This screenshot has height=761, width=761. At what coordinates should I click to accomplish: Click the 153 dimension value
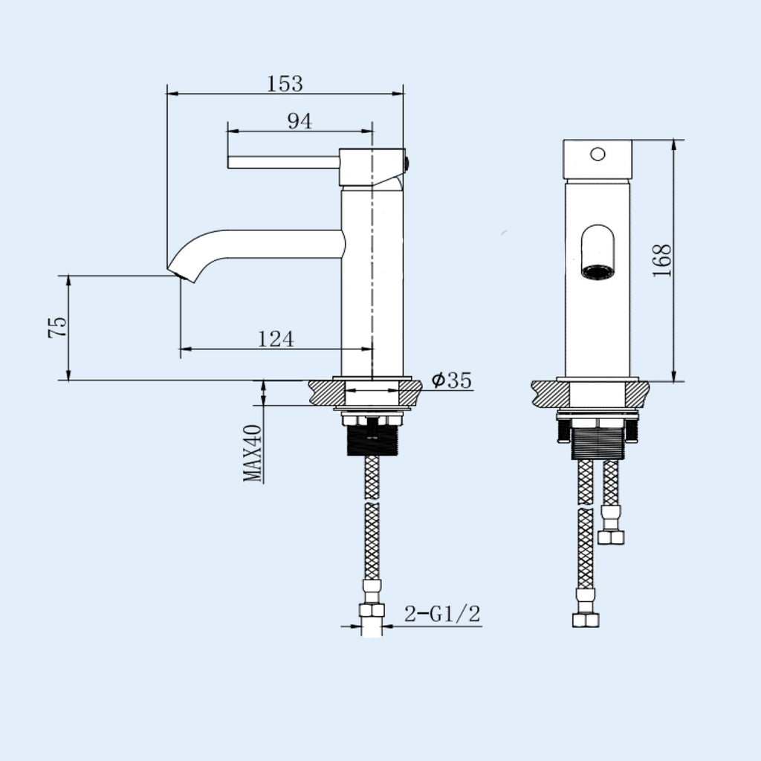tap(285, 83)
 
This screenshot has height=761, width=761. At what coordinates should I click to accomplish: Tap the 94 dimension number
tap(300, 121)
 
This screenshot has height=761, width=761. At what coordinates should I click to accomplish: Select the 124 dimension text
tap(275, 339)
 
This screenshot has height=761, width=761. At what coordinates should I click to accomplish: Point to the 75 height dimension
tap(57, 327)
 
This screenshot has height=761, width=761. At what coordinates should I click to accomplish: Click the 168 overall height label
tap(662, 261)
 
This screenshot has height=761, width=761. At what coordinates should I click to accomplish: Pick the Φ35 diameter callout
tap(451, 380)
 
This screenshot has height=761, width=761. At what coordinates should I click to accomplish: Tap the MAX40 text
tap(253, 453)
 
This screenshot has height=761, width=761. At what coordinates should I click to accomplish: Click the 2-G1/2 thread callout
tap(442, 614)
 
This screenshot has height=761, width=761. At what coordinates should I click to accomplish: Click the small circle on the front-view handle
tap(598, 155)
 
